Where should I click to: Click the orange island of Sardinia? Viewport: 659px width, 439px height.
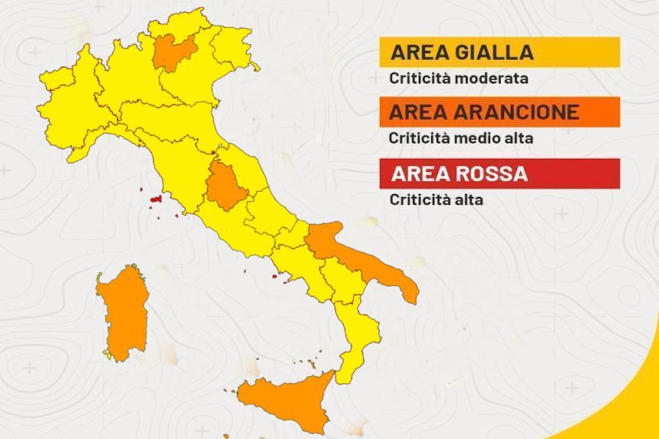pos(123,311)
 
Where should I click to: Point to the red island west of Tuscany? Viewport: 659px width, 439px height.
pos(155,199)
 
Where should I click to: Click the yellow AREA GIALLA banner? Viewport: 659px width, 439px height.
pos(499,53)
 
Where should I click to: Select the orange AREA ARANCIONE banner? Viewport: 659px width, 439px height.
pos(499,112)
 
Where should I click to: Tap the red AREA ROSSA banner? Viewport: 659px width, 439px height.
pos(499,174)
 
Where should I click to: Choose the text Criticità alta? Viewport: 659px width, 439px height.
pos(436,198)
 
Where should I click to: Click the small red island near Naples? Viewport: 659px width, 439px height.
pos(275,277)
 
